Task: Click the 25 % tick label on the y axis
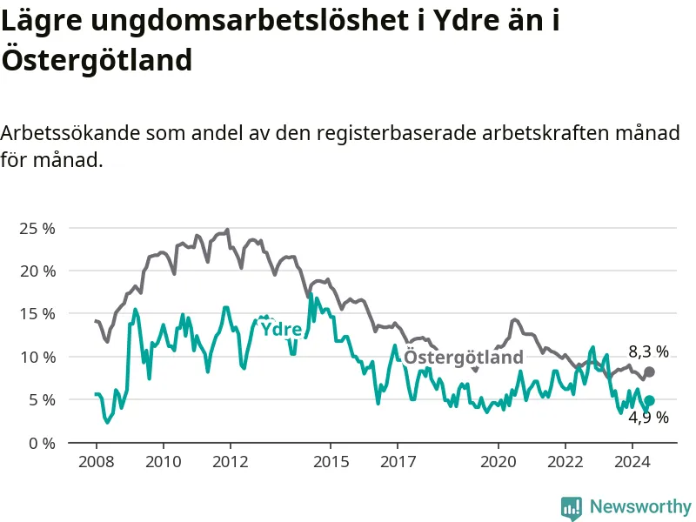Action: (x=37, y=229)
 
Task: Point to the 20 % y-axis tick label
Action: (x=37, y=271)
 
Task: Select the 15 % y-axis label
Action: (x=37, y=314)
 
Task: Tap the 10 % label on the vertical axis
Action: (x=37, y=358)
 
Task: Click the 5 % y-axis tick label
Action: (x=42, y=400)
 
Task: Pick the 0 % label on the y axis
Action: (x=42, y=444)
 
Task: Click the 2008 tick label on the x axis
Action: (x=97, y=462)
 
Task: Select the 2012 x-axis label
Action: (x=230, y=462)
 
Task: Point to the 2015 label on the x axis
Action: (x=331, y=462)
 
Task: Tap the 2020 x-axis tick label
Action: (x=498, y=462)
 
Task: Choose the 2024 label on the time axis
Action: (x=632, y=462)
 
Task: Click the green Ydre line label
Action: (x=281, y=330)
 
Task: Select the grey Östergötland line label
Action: (x=464, y=358)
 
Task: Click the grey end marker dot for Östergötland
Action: (x=649, y=372)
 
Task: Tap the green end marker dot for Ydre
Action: (x=649, y=400)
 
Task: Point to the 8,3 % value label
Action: (x=648, y=352)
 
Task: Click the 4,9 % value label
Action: (x=648, y=418)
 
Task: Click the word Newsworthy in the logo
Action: (x=640, y=506)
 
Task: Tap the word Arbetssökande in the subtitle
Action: (x=70, y=133)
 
